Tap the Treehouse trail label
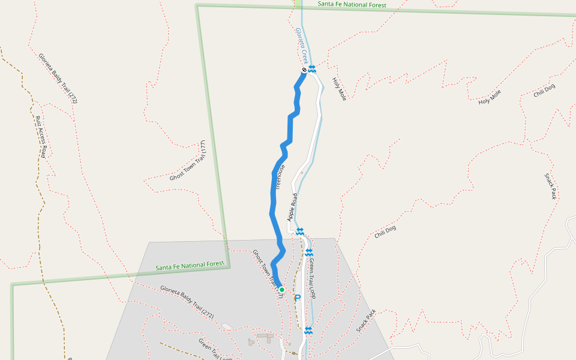[280, 178]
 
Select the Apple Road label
[293, 207]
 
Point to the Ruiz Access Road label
[41, 136]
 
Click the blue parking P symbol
[297, 298]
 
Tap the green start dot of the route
[281, 289]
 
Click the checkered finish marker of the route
[304, 71]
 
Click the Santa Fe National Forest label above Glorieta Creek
[352, 4]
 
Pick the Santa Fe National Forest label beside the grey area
[190, 265]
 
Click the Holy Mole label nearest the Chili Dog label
[490, 97]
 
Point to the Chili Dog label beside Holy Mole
[544, 91]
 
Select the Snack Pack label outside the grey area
[551, 187]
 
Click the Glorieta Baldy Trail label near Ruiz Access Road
[58, 79]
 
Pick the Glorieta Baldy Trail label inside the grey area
[187, 298]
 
